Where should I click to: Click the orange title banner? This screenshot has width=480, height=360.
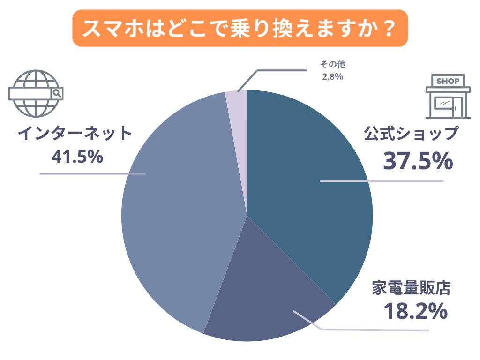[240, 28]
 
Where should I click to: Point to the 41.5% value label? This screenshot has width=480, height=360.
[77, 157]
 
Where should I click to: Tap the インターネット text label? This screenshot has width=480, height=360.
[75, 134]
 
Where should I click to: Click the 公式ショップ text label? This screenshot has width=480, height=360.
[411, 134]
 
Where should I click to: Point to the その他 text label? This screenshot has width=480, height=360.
[332, 65]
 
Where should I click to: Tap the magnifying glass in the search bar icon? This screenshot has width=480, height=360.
[57, 93]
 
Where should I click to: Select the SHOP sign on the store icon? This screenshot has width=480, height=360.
[448, 81]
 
